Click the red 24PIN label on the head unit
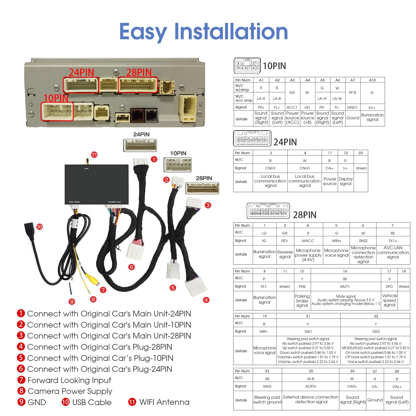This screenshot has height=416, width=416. [81, 72]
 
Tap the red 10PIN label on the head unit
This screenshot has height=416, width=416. [56, 98]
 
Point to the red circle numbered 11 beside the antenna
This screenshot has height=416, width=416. [94, 155]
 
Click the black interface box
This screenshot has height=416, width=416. [96, 184]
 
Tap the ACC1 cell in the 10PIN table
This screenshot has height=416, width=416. [292, 107]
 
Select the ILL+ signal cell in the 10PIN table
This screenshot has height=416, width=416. [372, 107]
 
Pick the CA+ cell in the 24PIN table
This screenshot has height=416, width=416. [329, 168]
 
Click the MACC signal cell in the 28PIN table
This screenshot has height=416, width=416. [308, 241]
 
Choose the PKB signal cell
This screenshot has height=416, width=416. [302, 287]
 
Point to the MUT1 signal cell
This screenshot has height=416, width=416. [345, 287]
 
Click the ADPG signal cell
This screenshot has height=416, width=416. [311, 386]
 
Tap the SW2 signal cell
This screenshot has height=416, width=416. [376, 331]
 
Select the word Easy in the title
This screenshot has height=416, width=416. [143, 32]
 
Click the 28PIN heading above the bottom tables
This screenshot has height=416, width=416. [304, 215]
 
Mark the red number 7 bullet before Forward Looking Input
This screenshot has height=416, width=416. [21, 380]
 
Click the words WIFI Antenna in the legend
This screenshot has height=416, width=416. [164, 402]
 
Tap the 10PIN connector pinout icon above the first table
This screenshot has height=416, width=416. [247, 66]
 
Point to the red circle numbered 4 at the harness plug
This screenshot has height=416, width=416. [206, 300]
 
